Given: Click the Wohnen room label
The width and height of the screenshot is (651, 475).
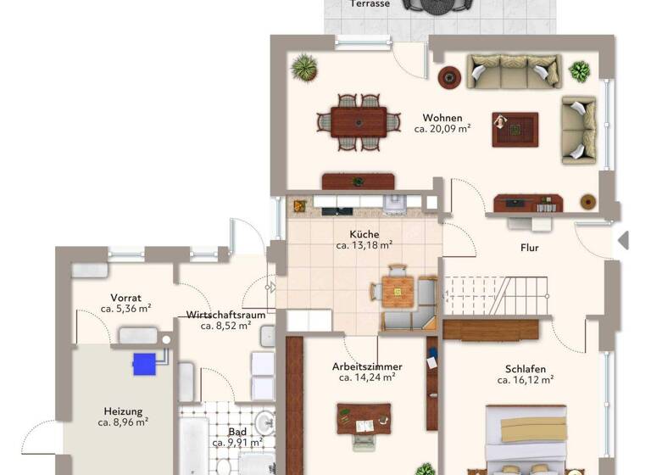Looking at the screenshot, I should (442, 118).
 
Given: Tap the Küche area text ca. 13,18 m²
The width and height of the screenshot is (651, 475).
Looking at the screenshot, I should (364, 246).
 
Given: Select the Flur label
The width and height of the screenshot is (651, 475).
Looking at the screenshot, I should (530, 249).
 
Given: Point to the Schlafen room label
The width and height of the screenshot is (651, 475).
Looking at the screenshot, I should (525, 369).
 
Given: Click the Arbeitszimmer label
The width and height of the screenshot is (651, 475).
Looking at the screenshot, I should (366, 366).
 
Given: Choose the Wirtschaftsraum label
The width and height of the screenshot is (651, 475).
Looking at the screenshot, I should (225, 314).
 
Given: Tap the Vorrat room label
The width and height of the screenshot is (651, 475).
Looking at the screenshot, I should (125, 298).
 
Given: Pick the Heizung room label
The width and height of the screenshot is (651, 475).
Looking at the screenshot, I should (124, 411).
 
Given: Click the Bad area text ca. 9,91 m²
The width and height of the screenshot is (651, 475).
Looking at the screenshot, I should (237, 443).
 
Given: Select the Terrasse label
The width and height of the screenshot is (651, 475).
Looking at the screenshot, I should (370, 4).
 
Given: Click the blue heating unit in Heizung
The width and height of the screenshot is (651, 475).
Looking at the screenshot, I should (145, 363).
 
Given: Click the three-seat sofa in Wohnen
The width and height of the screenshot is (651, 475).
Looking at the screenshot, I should (515, 71).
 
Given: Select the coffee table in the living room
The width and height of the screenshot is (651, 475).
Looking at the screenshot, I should (515, 129).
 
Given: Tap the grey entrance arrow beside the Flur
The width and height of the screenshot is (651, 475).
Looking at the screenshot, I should (624, 240).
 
